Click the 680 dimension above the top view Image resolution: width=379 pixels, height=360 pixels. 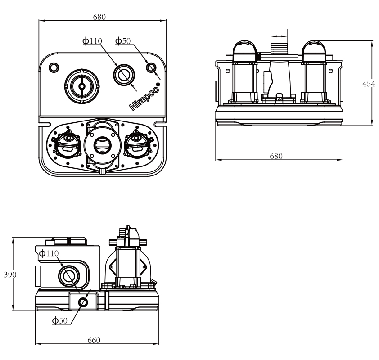point(99,17)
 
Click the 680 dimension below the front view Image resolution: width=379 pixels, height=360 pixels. point(276,156)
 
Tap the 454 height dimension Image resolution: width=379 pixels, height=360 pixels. point(369,84)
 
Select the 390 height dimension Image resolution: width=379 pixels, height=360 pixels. point(10,274)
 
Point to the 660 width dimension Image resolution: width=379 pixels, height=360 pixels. point(94,340)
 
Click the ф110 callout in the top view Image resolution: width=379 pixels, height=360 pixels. point(92,41)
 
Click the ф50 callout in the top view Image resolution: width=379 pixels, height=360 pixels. point(123,41)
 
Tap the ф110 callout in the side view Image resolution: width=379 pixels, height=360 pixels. point(49,253)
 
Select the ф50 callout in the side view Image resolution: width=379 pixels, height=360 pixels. point(60,320)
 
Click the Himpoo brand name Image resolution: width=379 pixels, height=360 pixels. point(144,97)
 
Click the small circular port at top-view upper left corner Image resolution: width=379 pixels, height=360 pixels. point(54,67)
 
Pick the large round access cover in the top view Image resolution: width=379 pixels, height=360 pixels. point(82,86)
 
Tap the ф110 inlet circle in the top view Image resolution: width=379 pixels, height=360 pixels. point(124,75)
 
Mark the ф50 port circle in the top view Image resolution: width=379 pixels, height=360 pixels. point(151,67)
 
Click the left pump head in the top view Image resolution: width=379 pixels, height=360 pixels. point(66,144)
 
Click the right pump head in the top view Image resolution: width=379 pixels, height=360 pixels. point(139,144)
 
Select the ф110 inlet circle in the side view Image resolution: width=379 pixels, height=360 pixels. point(69,276)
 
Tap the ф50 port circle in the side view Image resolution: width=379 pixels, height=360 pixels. point(83,302)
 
